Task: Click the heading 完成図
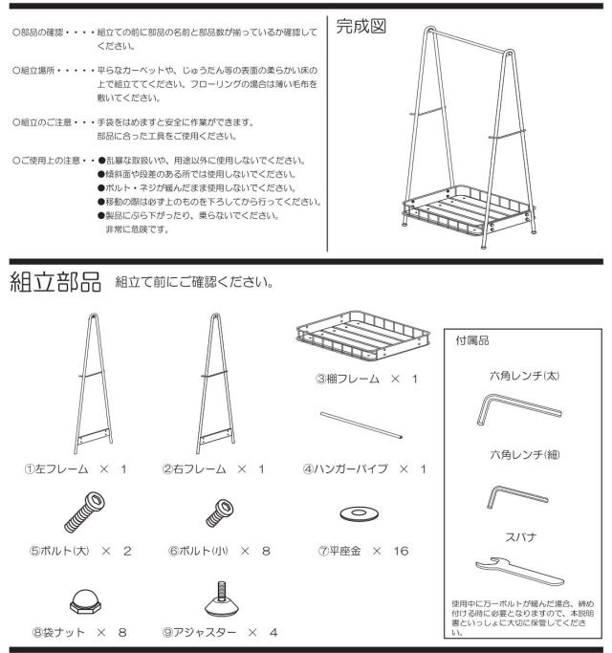[361, 26]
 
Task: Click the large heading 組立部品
[55, 282]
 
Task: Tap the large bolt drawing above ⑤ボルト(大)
[84, 512]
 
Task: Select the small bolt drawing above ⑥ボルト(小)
[220, 513]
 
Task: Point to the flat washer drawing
[360, 513]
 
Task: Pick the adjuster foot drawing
[222, 599]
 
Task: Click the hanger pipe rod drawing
[361, 425]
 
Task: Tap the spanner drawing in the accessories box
[519, 571]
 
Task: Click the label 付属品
[472, 340]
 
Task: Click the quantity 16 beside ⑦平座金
[401, 551]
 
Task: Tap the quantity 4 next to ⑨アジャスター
[273, 633]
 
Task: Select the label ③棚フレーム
[347, 379]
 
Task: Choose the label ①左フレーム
[56, 469]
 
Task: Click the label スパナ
[521, 537]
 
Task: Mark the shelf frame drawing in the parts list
[362, 336]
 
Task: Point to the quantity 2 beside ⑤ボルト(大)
[127, 551]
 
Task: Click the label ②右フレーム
[194, 469]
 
